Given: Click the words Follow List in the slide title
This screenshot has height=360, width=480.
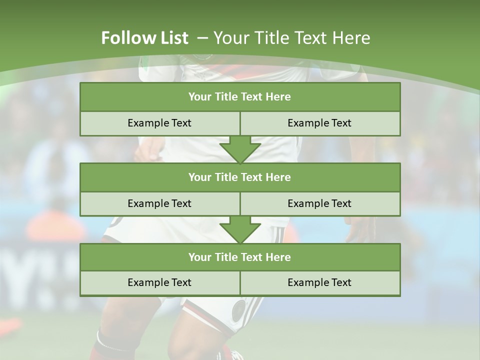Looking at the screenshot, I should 144,38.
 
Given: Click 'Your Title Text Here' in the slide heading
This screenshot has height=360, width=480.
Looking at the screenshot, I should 292,38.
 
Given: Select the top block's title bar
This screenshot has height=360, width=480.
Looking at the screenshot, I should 240,97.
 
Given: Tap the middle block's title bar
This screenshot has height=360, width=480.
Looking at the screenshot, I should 240,177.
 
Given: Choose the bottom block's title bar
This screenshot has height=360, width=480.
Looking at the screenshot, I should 240,257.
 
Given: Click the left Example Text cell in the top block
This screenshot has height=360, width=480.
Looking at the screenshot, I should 159,123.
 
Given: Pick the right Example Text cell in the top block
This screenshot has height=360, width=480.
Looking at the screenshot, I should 319,123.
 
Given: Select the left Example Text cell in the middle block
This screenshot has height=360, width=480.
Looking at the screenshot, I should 159,203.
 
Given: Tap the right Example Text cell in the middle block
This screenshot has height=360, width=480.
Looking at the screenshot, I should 319,203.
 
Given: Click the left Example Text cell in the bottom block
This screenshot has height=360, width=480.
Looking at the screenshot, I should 159,283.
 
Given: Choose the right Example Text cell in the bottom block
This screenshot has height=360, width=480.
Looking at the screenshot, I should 319,283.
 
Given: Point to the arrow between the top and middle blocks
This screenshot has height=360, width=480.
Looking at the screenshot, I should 240,150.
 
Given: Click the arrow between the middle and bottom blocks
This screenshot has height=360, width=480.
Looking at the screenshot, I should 240,230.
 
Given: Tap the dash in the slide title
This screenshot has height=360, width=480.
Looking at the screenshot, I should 202,38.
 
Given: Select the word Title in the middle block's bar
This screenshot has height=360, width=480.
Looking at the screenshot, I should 227,177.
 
